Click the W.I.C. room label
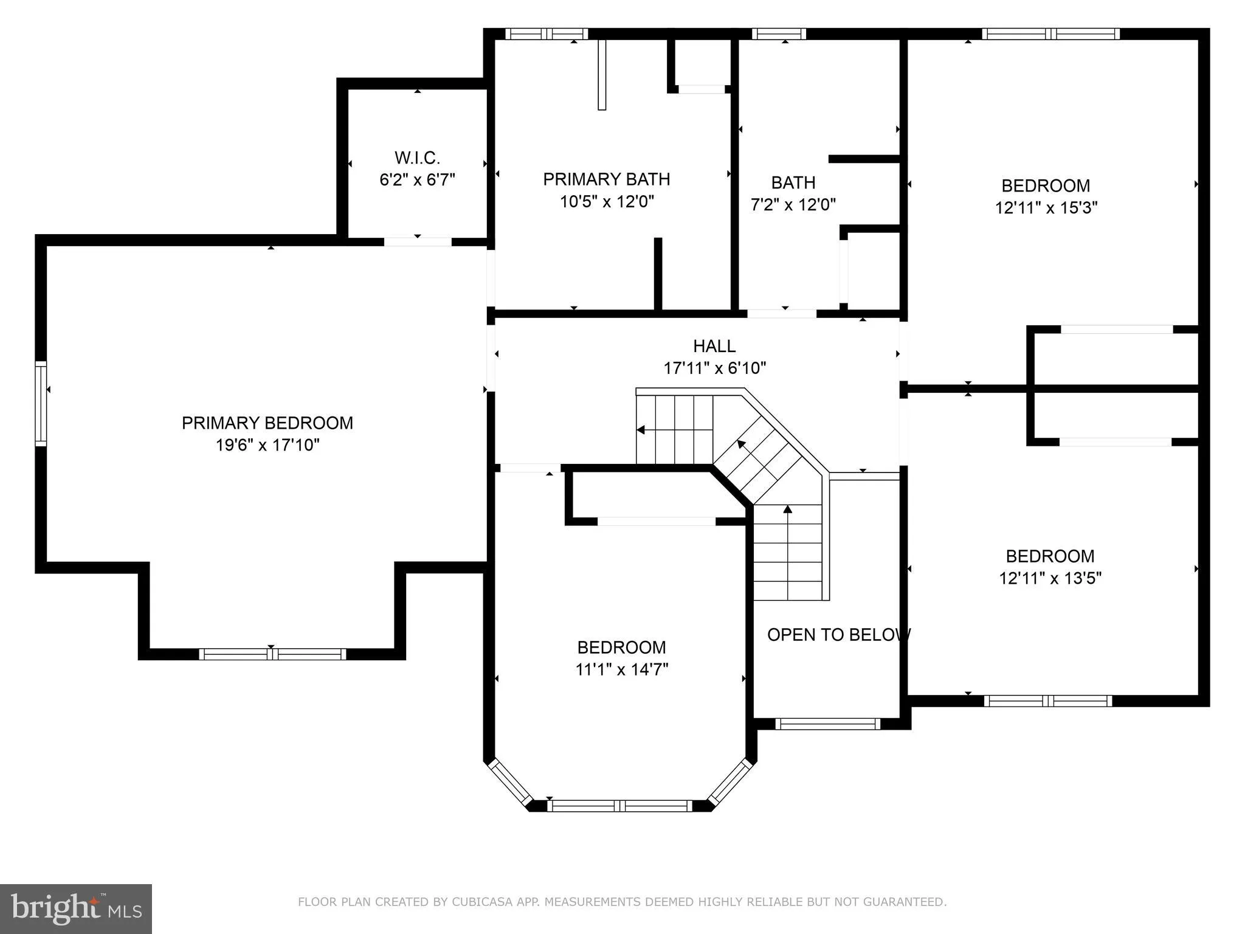[x=417, y=158]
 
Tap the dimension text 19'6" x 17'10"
[x=267, y=445]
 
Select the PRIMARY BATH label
[x=606, y=179]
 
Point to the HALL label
[x=714, y=346]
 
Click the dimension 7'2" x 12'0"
[x=793, y=205]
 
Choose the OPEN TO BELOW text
[x=838, y=635]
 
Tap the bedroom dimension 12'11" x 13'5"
[x=1050, y=578]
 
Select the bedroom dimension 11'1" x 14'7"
[x=621, y=669]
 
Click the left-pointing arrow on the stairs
[x=641, y=430]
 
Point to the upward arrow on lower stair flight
[x=788, y=510]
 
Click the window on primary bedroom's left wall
[x=41, y=404]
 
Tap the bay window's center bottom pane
[x=619, y=806]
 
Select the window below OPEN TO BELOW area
[x=827, y=724]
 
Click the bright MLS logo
[x=75, y=909]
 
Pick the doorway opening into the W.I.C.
[x=418, y=241]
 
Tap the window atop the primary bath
[x=546, y=34]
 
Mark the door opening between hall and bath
[x=781, y=314]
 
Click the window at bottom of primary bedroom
[x=272, y=654]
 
